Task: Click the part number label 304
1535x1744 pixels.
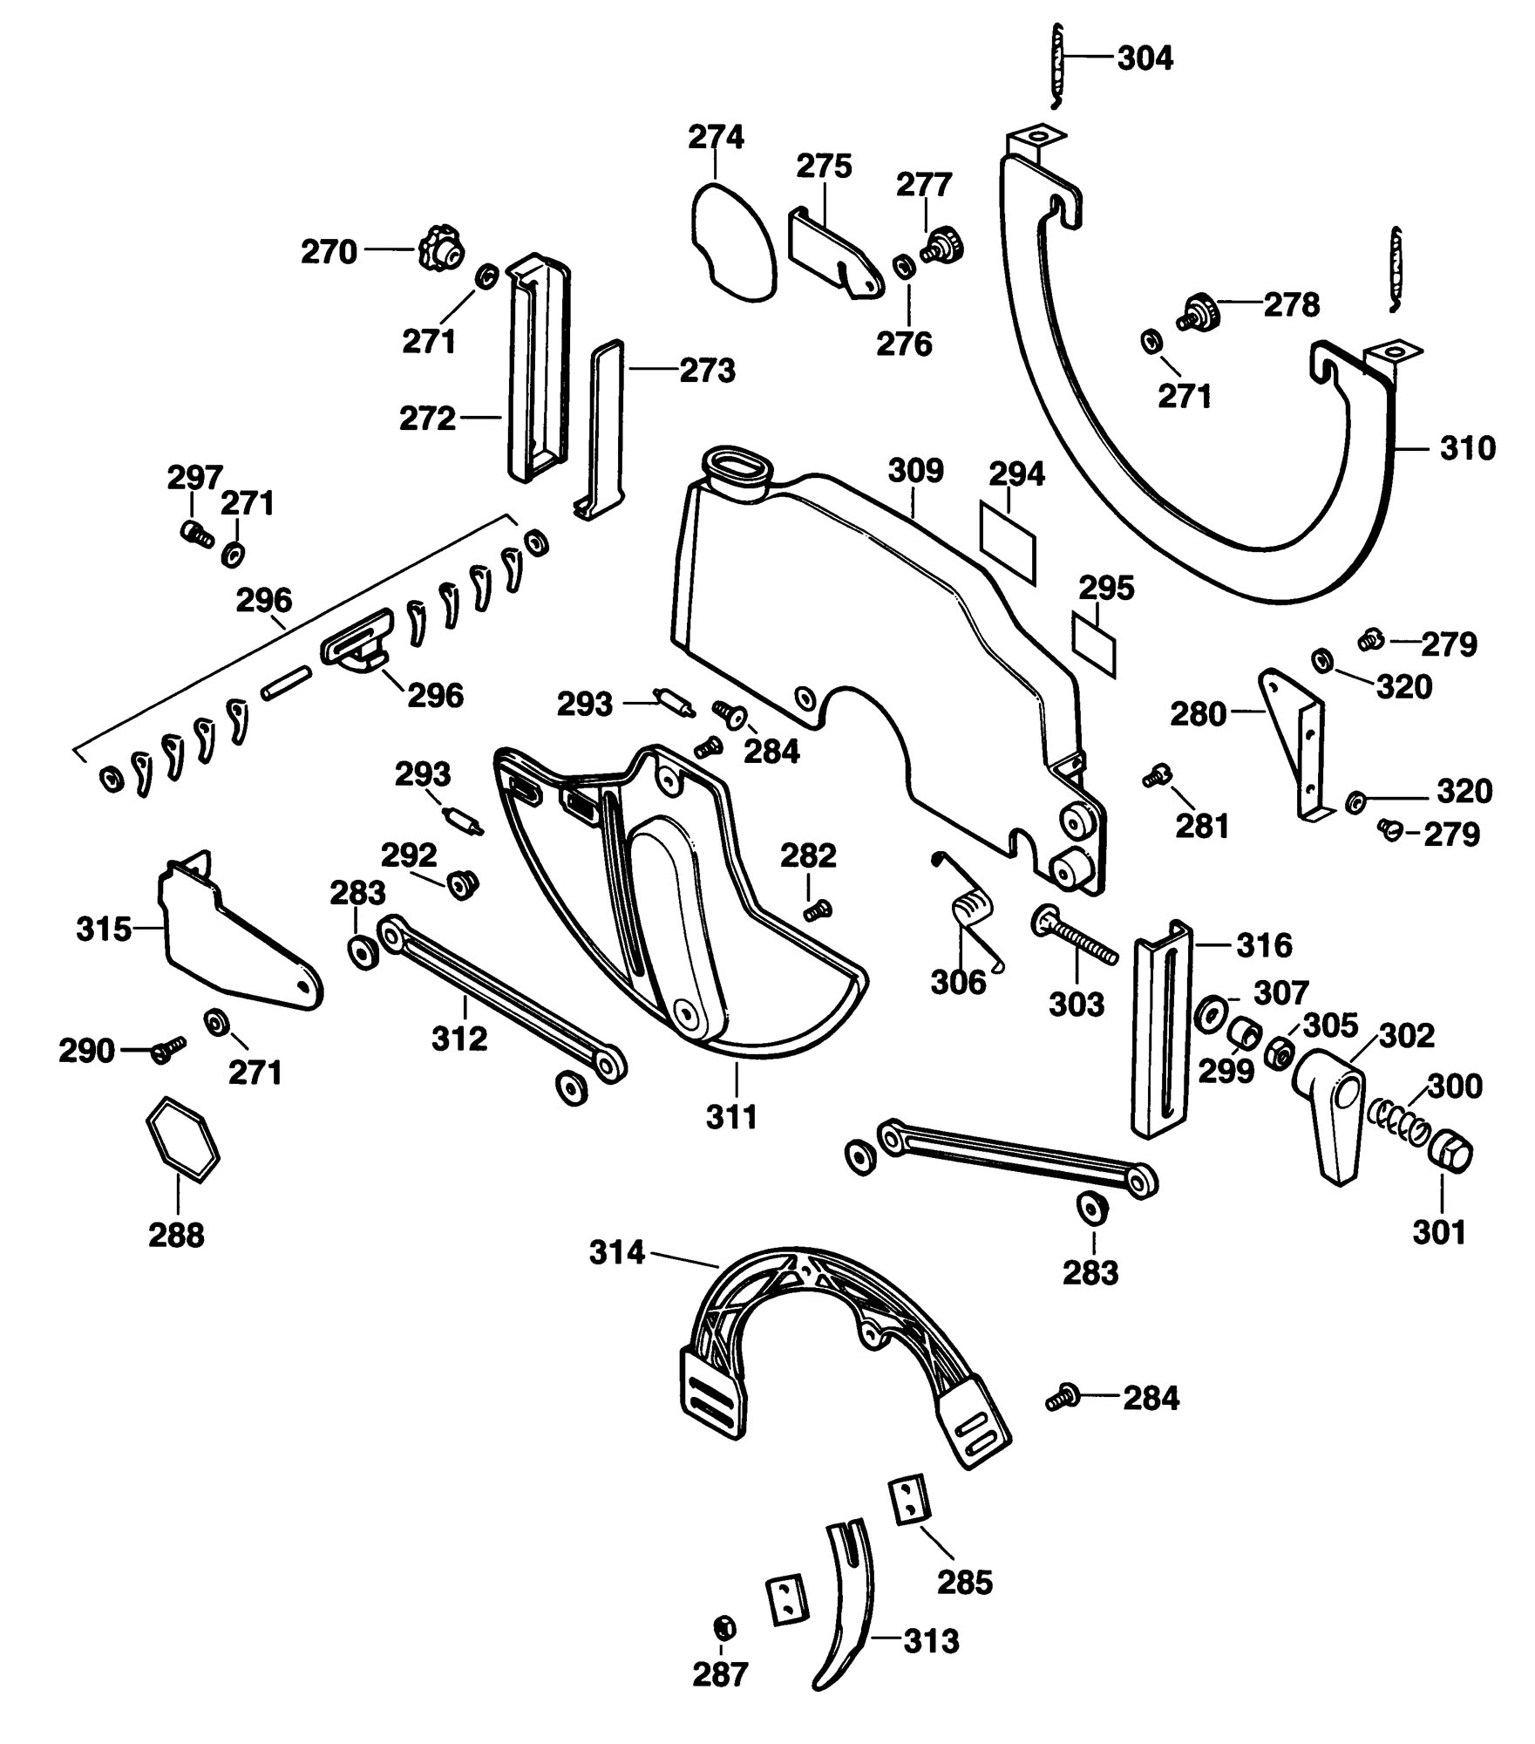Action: (x=1145, y=58)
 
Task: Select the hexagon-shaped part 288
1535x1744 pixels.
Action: (x=182, y=1140)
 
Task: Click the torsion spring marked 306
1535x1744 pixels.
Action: (x=970, y=908)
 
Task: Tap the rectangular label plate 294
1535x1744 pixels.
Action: (x=1009, y=541)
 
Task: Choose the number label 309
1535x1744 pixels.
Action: (x=915, y=471)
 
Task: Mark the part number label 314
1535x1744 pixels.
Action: (x=617, y=1253)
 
